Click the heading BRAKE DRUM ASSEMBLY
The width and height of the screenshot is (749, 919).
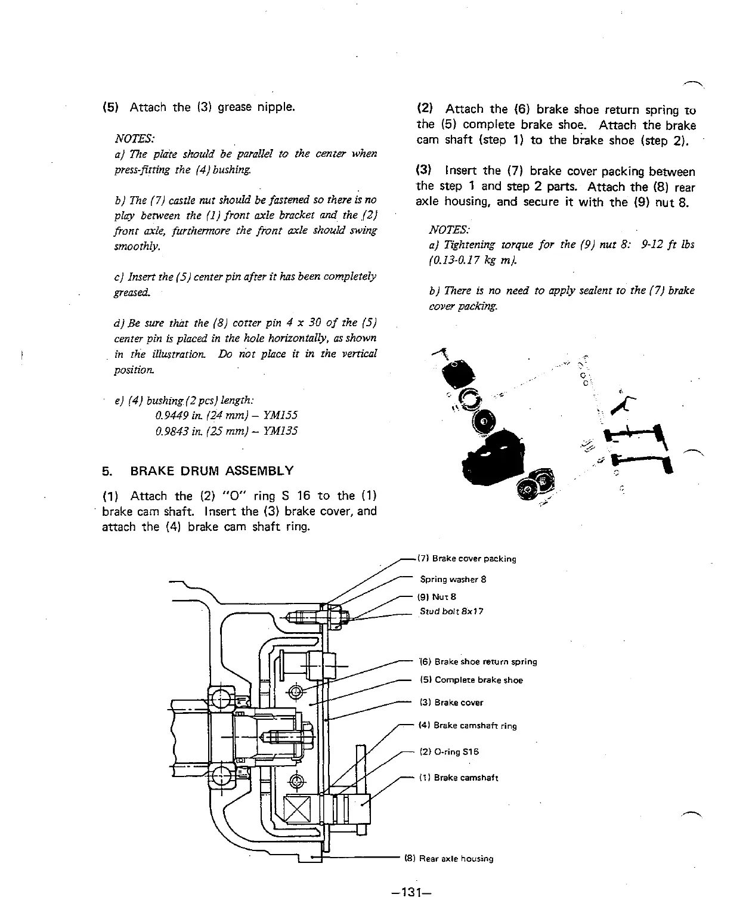pyautogui.click(x=212, y=471)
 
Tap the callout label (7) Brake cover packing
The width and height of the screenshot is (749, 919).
pyautogui.click(x=466, y=559)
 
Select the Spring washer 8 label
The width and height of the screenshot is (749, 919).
pyautogui.click(x=453, y=579)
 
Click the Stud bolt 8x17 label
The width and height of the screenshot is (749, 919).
pyautogui.click(x=451, y=611)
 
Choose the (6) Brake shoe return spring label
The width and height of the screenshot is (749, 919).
pyautogui.click(x=478, y=661)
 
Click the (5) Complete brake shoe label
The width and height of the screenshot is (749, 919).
pyautogui.click(x=471, y=680)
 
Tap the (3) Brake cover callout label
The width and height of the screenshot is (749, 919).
pyautogui.click(x=451, y=703)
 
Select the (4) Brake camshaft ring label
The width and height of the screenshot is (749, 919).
pyautogui.click(x=468, y=726)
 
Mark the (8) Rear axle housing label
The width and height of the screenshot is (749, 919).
pyautogui.click(x=449, y=859)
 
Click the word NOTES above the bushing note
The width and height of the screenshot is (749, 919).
pyautogui.click(x=134, y=138)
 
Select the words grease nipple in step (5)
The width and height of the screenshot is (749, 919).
pyautogui.click(x=256, y=107)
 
